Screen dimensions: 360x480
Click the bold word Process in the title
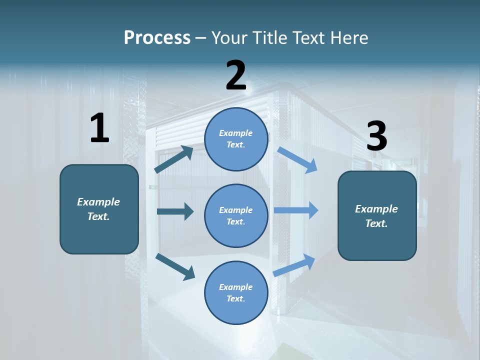157,37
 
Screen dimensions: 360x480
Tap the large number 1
99,128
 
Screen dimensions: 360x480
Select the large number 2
236,75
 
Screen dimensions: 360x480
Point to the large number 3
376,136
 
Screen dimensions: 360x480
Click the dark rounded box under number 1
99,209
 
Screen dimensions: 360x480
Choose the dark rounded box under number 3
377,216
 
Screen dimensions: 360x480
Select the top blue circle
236,139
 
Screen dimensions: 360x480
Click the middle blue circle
236,215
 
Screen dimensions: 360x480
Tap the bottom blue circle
236,293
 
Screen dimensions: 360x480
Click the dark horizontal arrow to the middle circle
175,211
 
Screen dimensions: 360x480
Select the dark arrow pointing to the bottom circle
175,266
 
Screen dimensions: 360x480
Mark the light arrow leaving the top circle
297,159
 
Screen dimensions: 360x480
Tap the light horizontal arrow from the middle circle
296,210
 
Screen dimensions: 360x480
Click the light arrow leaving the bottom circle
294,265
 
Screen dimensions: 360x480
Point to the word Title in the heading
270,37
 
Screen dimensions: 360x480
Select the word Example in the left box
98,202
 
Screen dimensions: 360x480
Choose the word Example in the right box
376,209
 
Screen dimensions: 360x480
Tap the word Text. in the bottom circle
235,298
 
